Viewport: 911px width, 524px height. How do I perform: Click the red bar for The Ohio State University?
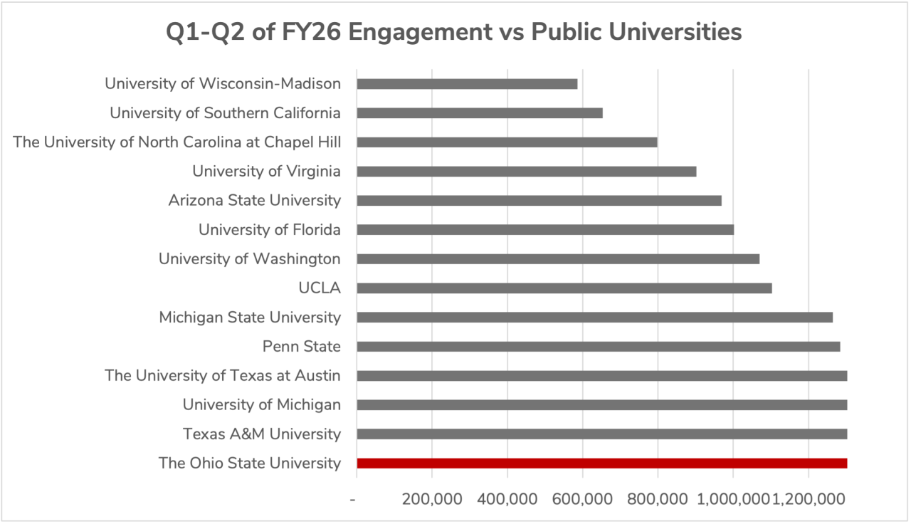pyautogui.click(x=601, y=463)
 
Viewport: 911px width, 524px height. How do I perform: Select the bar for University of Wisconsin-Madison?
pyautogui.click(x=467, y=84)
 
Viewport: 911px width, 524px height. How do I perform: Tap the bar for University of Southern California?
pyautogui.click(x=480, y=113)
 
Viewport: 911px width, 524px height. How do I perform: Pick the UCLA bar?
pyautogui.click(x=564, y=288)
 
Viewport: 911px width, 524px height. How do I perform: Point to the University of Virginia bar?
pyautogui.click(x=526, y=172)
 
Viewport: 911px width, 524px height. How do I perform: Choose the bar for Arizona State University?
pyautogui.click(x=539, y=201)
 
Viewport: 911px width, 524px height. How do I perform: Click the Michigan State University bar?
pyautogui.click(x=594, y=318)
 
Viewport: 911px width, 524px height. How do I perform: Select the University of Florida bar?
pyautogui.click(x=544, y=230)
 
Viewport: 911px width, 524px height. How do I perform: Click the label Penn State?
pyautogui.click(x=301, y=347)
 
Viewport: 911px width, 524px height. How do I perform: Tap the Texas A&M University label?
pyautogui.click(x=261, y=434)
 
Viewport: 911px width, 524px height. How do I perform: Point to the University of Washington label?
pyautogui.click(x=249, y=259)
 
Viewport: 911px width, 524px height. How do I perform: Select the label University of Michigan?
pyautogui.click(x=261, y=405)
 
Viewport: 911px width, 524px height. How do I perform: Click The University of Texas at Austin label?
pyautogui.click(x=222, y=376)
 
